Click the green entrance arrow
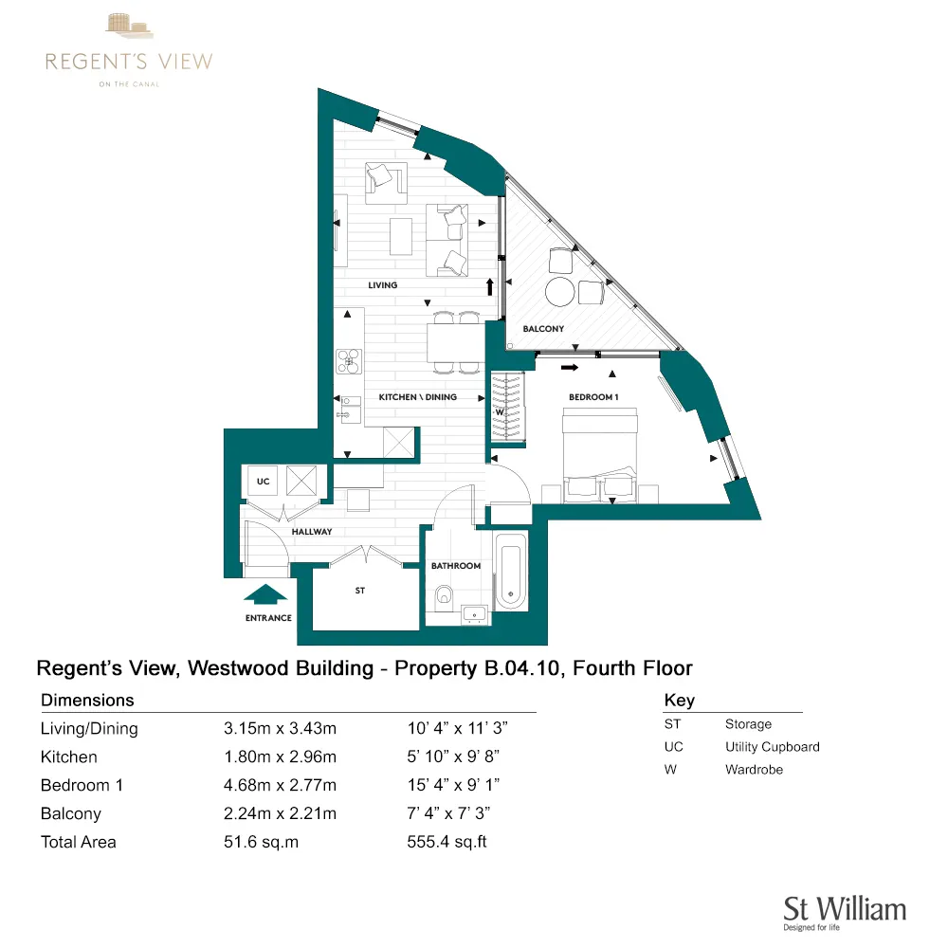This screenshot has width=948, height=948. pos(266,594)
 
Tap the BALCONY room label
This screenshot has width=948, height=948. pos(543,329)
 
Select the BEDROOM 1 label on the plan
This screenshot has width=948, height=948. pos(593,397)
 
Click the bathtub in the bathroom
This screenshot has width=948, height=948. pos(509,572)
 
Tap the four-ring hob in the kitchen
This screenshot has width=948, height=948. pos(350,359)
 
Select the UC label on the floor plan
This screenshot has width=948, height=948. pos(264,482)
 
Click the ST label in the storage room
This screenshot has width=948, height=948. pos(360,591)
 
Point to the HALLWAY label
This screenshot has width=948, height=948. pos(312,532)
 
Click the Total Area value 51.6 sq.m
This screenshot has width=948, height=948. pos(261,842)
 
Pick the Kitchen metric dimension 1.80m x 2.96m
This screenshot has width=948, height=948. pos(280,757)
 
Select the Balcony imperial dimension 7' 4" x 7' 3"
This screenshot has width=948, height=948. pos(448,813)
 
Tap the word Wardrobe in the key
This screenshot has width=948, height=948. pos(754,770)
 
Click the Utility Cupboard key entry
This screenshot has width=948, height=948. pos(772,747)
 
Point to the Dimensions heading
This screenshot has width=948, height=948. pos(87,701)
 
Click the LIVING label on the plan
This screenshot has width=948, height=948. pos(383,285)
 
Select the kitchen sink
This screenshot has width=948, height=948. pos(348,409)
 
